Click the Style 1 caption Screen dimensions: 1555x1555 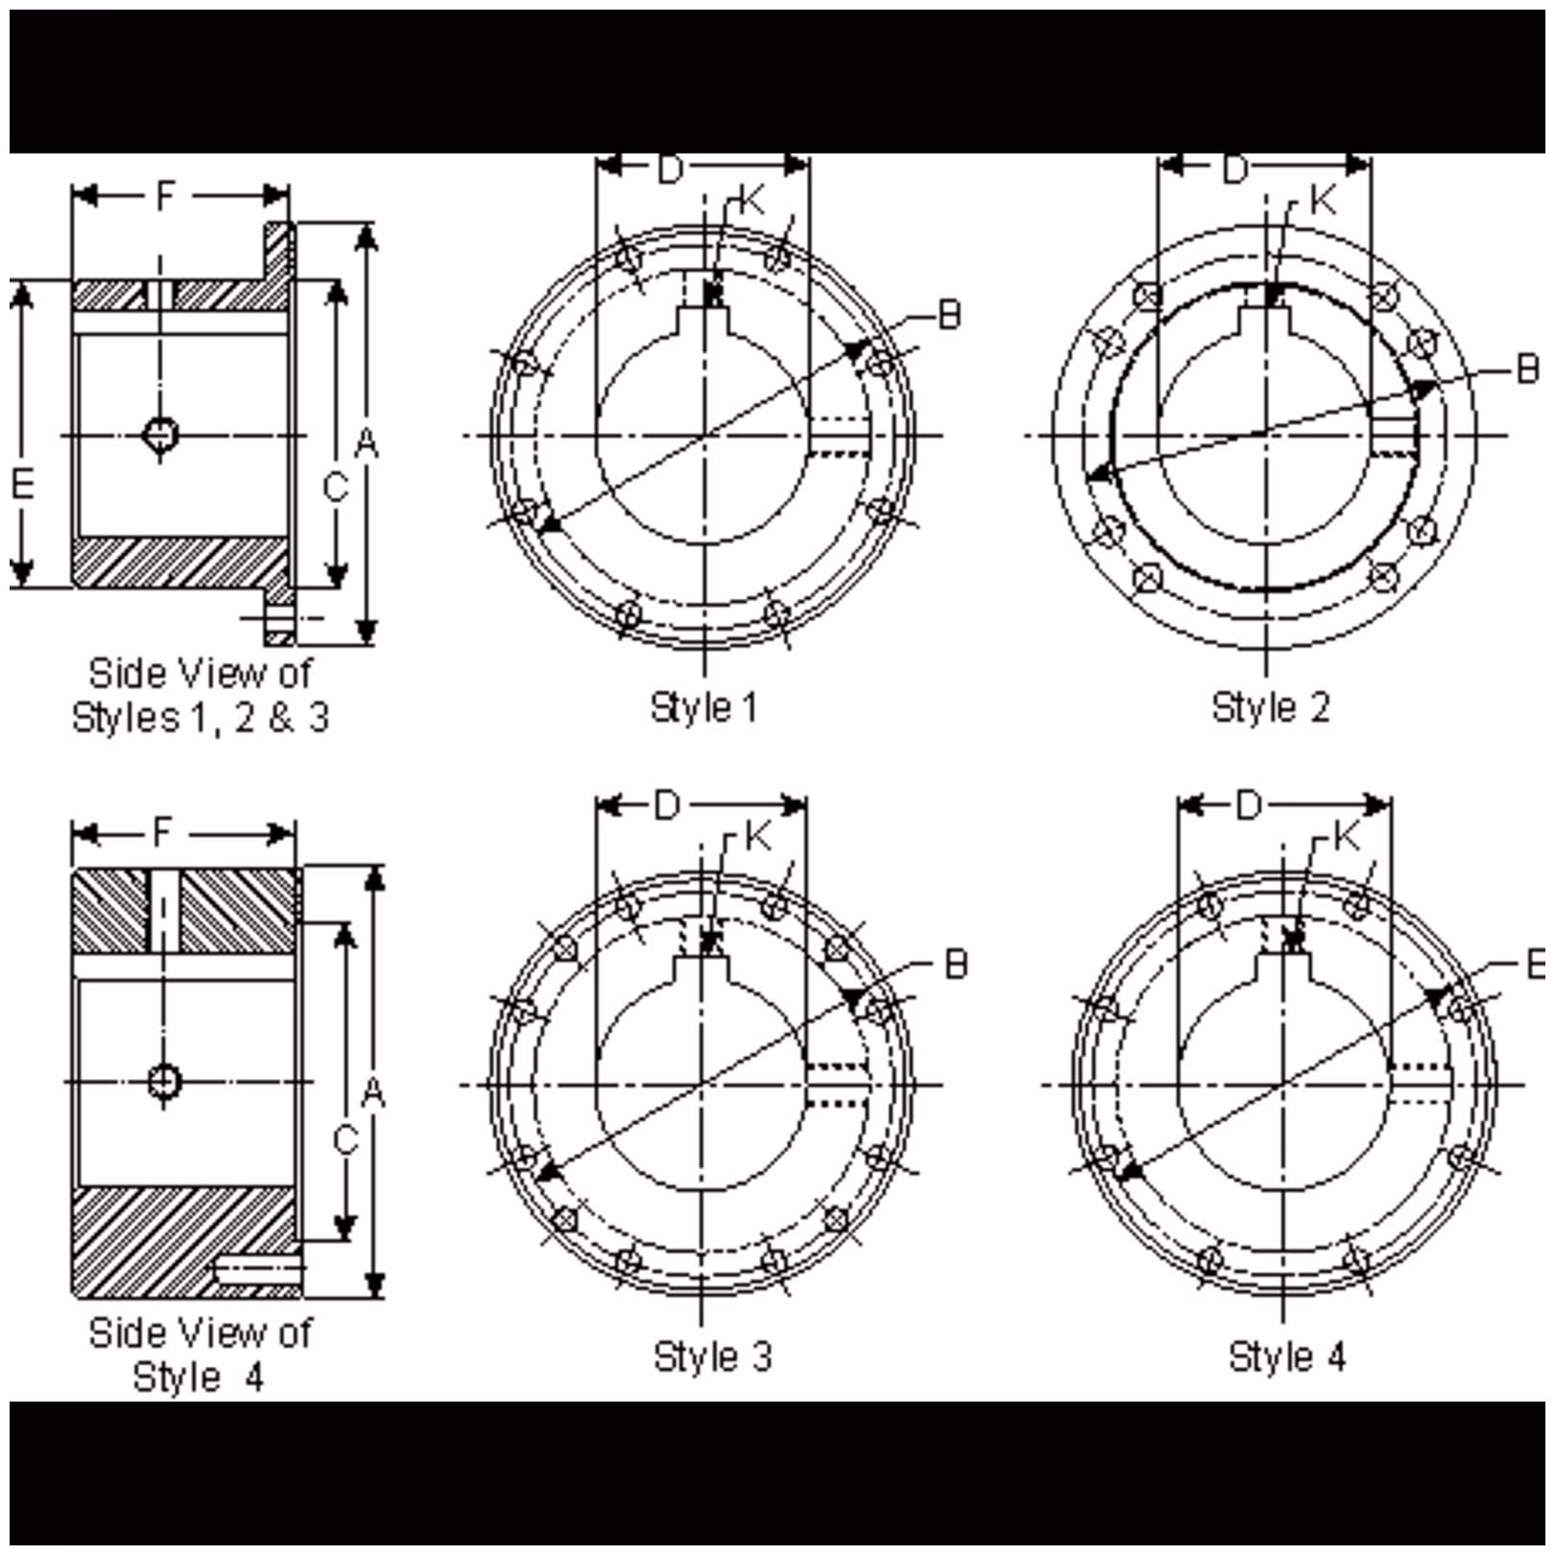[704, 707]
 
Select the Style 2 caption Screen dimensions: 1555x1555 [1270, 707]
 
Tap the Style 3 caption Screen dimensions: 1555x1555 [712, 1356]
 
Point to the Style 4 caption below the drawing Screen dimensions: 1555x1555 [1286, 1356]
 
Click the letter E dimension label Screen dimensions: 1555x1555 [22, 483]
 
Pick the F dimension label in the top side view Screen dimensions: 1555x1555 [166, 196]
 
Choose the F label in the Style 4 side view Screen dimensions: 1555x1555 [163, 831]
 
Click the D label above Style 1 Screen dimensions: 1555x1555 [670, 170]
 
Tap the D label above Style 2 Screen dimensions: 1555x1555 [1234, 170]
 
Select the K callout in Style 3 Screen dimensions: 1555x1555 [757, 837]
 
